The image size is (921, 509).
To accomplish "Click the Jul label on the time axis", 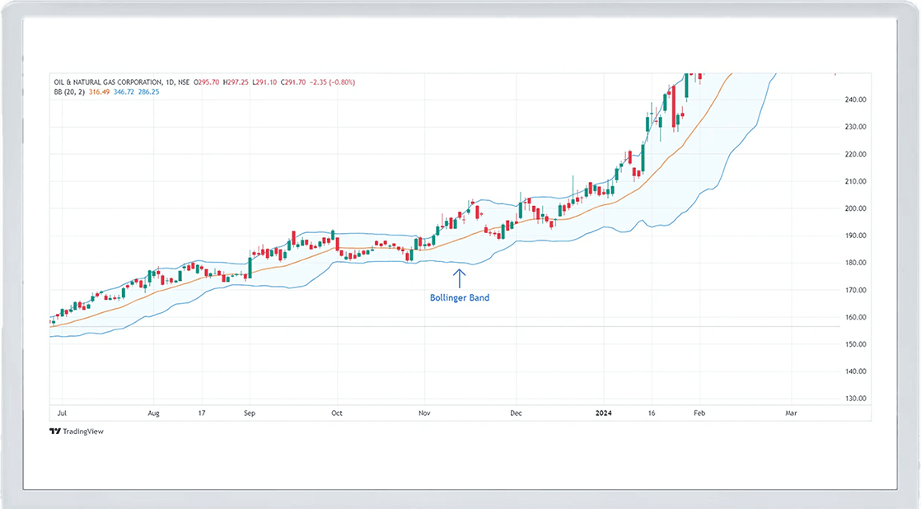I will pyautogui.click(x=61, y=412).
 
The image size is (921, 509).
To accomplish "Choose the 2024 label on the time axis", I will pyautogui.click(x=604, y=412).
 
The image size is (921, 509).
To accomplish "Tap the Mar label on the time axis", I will pyautogui.click(x=791, y=412).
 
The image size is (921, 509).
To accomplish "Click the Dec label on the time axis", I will pyautogui.click(x=516, y=412).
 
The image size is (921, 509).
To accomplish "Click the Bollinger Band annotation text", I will pyautogui.click(x=460, y=298).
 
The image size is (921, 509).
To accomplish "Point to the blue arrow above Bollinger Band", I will pyautogui.click(x=460, y=277).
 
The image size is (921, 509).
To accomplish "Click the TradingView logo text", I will pyautogui.click(x=81, y=431).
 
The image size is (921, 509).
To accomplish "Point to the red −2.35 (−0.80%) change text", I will pyautogui.click(x=334, y=82).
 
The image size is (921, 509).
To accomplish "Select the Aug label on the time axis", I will pyautogui.click(x=152, y=412).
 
